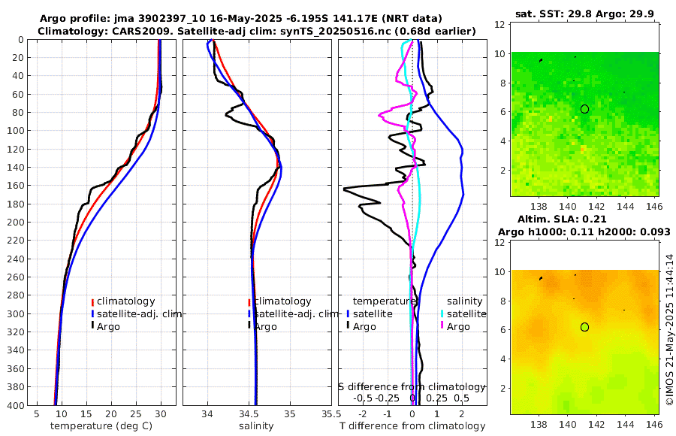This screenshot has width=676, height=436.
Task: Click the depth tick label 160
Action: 14,186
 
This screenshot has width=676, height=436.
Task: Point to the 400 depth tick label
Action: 14,405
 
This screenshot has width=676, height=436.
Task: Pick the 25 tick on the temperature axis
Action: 136,414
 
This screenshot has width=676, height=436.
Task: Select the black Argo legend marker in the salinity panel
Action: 249,326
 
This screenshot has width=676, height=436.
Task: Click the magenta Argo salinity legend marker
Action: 442,326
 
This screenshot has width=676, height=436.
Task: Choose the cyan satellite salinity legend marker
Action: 442,313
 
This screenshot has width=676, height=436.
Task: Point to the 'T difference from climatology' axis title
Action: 412,426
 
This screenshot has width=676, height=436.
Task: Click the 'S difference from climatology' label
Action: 412,386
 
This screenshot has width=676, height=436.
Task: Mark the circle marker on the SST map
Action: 584,109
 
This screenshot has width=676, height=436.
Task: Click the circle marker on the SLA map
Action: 584,327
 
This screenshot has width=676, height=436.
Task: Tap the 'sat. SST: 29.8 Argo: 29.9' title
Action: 584,14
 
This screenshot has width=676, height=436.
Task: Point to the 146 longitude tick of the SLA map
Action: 653,422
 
